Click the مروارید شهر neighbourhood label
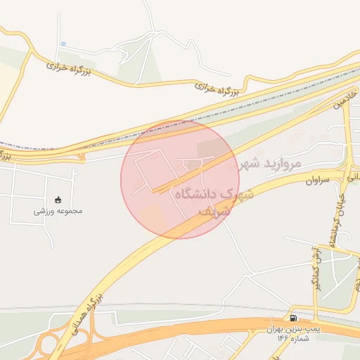pos(270,164)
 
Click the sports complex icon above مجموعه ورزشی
pos(58,198)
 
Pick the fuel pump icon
pos(293,318)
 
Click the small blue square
pos(63,44)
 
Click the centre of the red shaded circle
pos(180,179)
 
